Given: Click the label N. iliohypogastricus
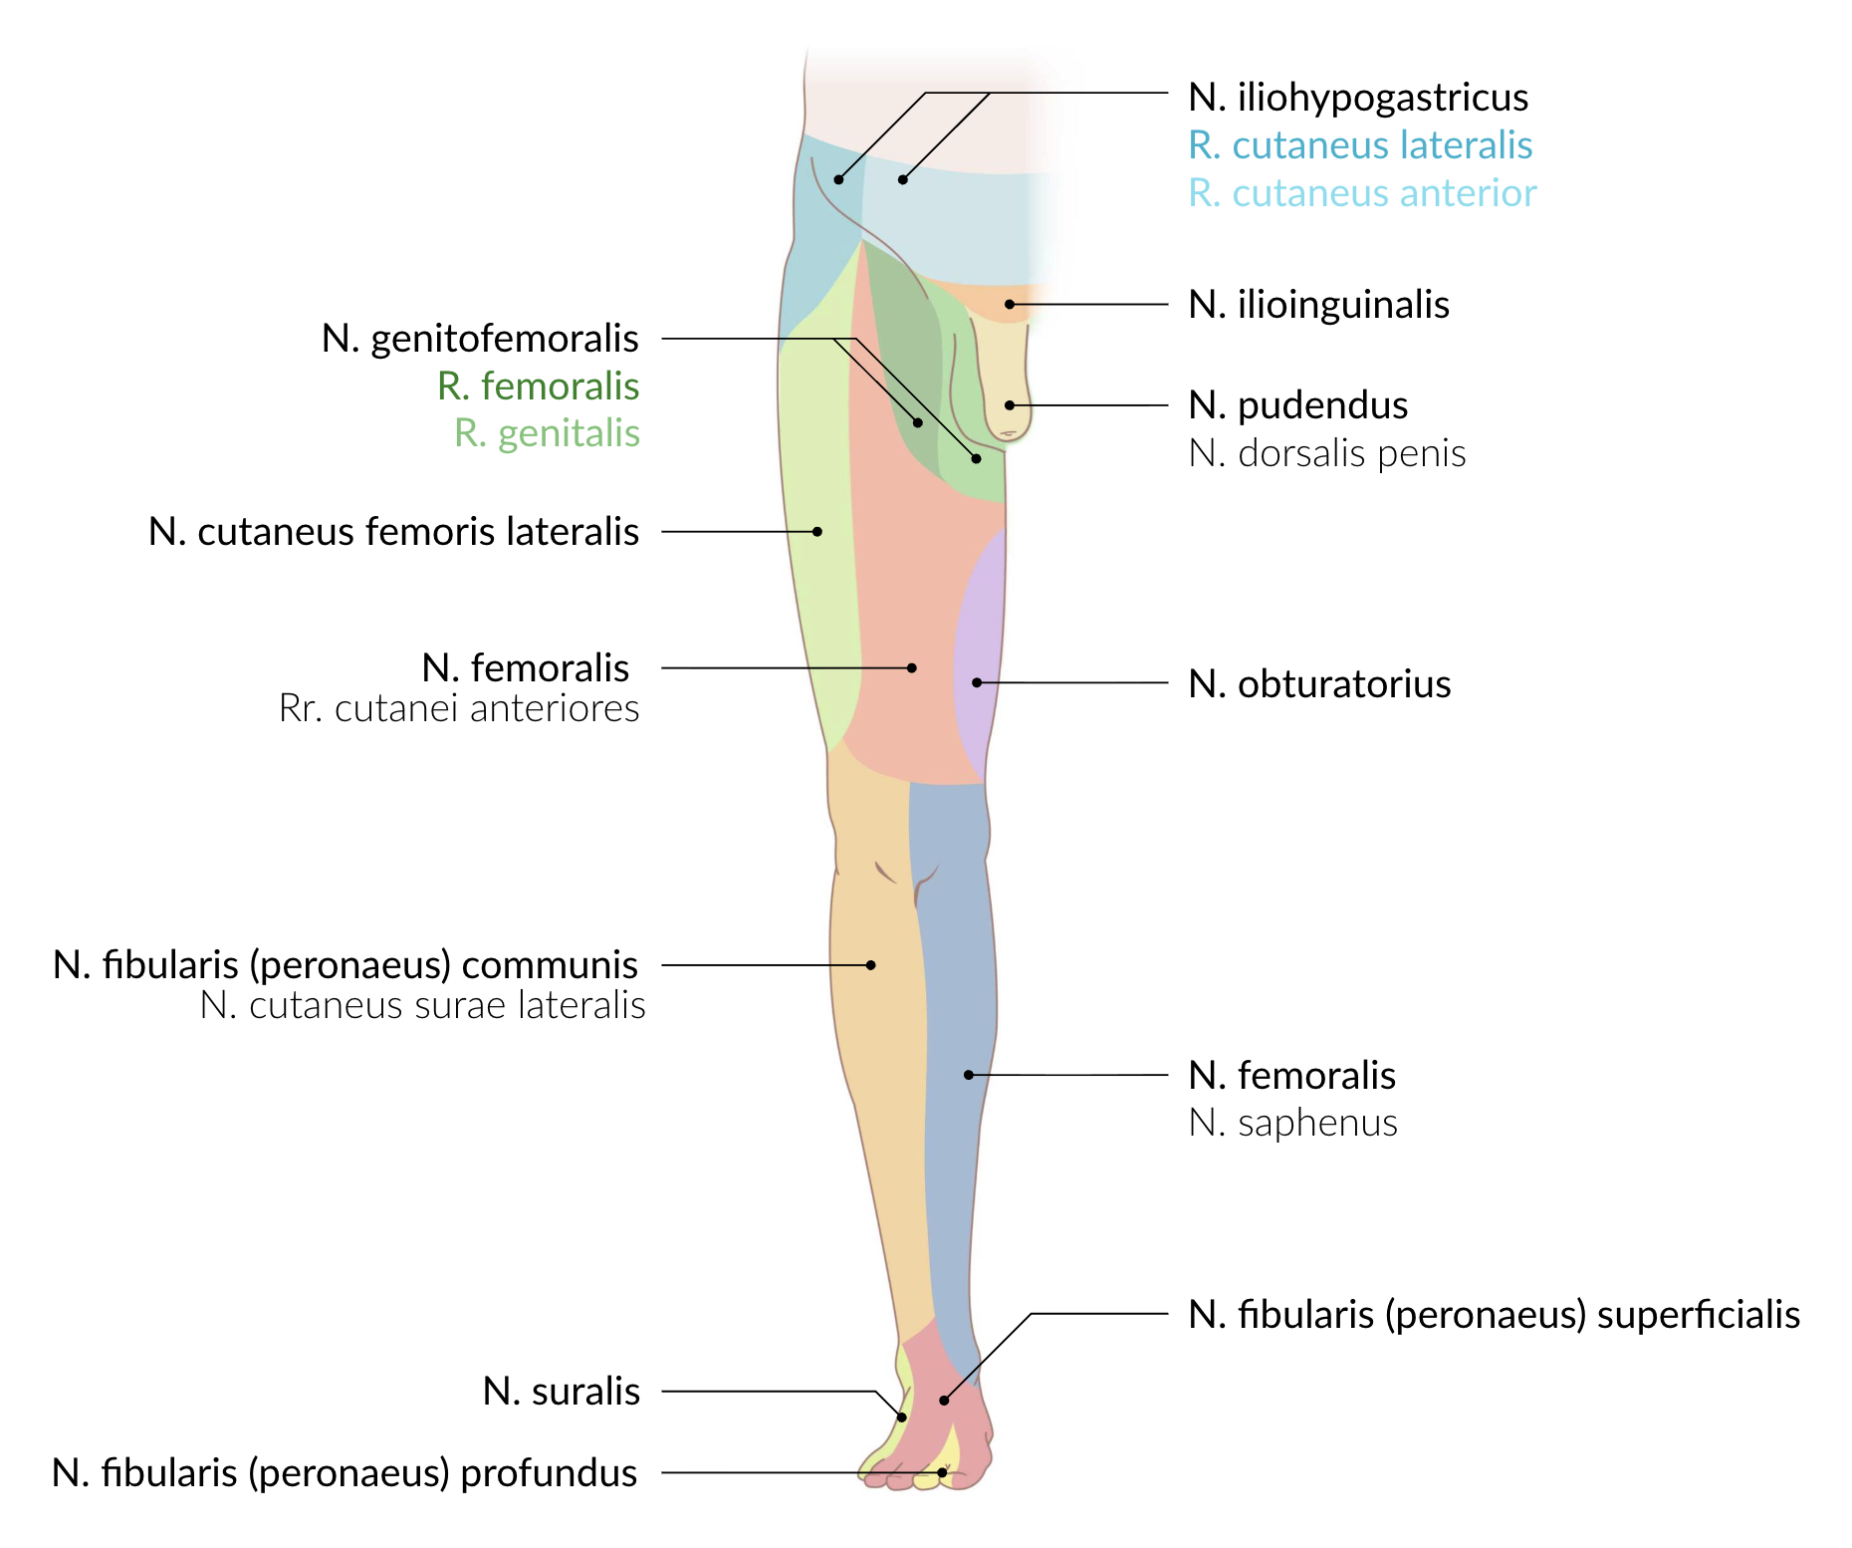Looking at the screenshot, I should point(1358,98).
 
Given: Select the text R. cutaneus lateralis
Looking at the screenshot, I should point(1360,145).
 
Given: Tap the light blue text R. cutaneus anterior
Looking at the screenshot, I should point(1362,193).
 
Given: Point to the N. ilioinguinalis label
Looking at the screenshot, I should point(1318,305).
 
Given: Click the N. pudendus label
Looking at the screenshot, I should point(1298,405).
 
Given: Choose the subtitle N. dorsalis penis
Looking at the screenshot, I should point(1326,453).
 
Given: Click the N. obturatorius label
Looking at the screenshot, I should point(1319,684).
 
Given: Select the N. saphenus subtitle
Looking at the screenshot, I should point(1292,1123).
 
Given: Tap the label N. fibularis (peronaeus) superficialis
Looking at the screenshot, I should point(1494,1315).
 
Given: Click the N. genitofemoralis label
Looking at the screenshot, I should point(480,339).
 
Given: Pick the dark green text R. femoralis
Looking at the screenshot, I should point(538,387).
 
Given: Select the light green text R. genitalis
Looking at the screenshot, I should point(547,433).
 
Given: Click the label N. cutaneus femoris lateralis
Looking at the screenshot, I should point(393,532).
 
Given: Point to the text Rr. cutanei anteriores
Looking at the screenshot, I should point(459,708).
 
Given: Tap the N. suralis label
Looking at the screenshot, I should point(561,1392).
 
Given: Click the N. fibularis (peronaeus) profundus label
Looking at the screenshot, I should point(345,1473).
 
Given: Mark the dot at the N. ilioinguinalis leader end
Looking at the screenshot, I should point(1010,304).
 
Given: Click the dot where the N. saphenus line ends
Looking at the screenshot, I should point(969,1075).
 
